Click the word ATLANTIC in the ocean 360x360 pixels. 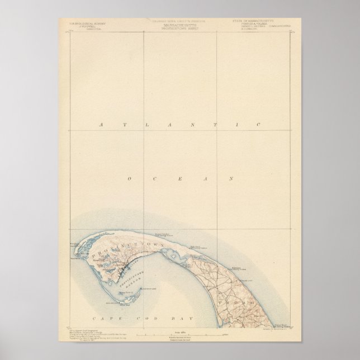(x=179, y=125)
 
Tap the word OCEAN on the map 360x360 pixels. (x=179, y=178)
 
